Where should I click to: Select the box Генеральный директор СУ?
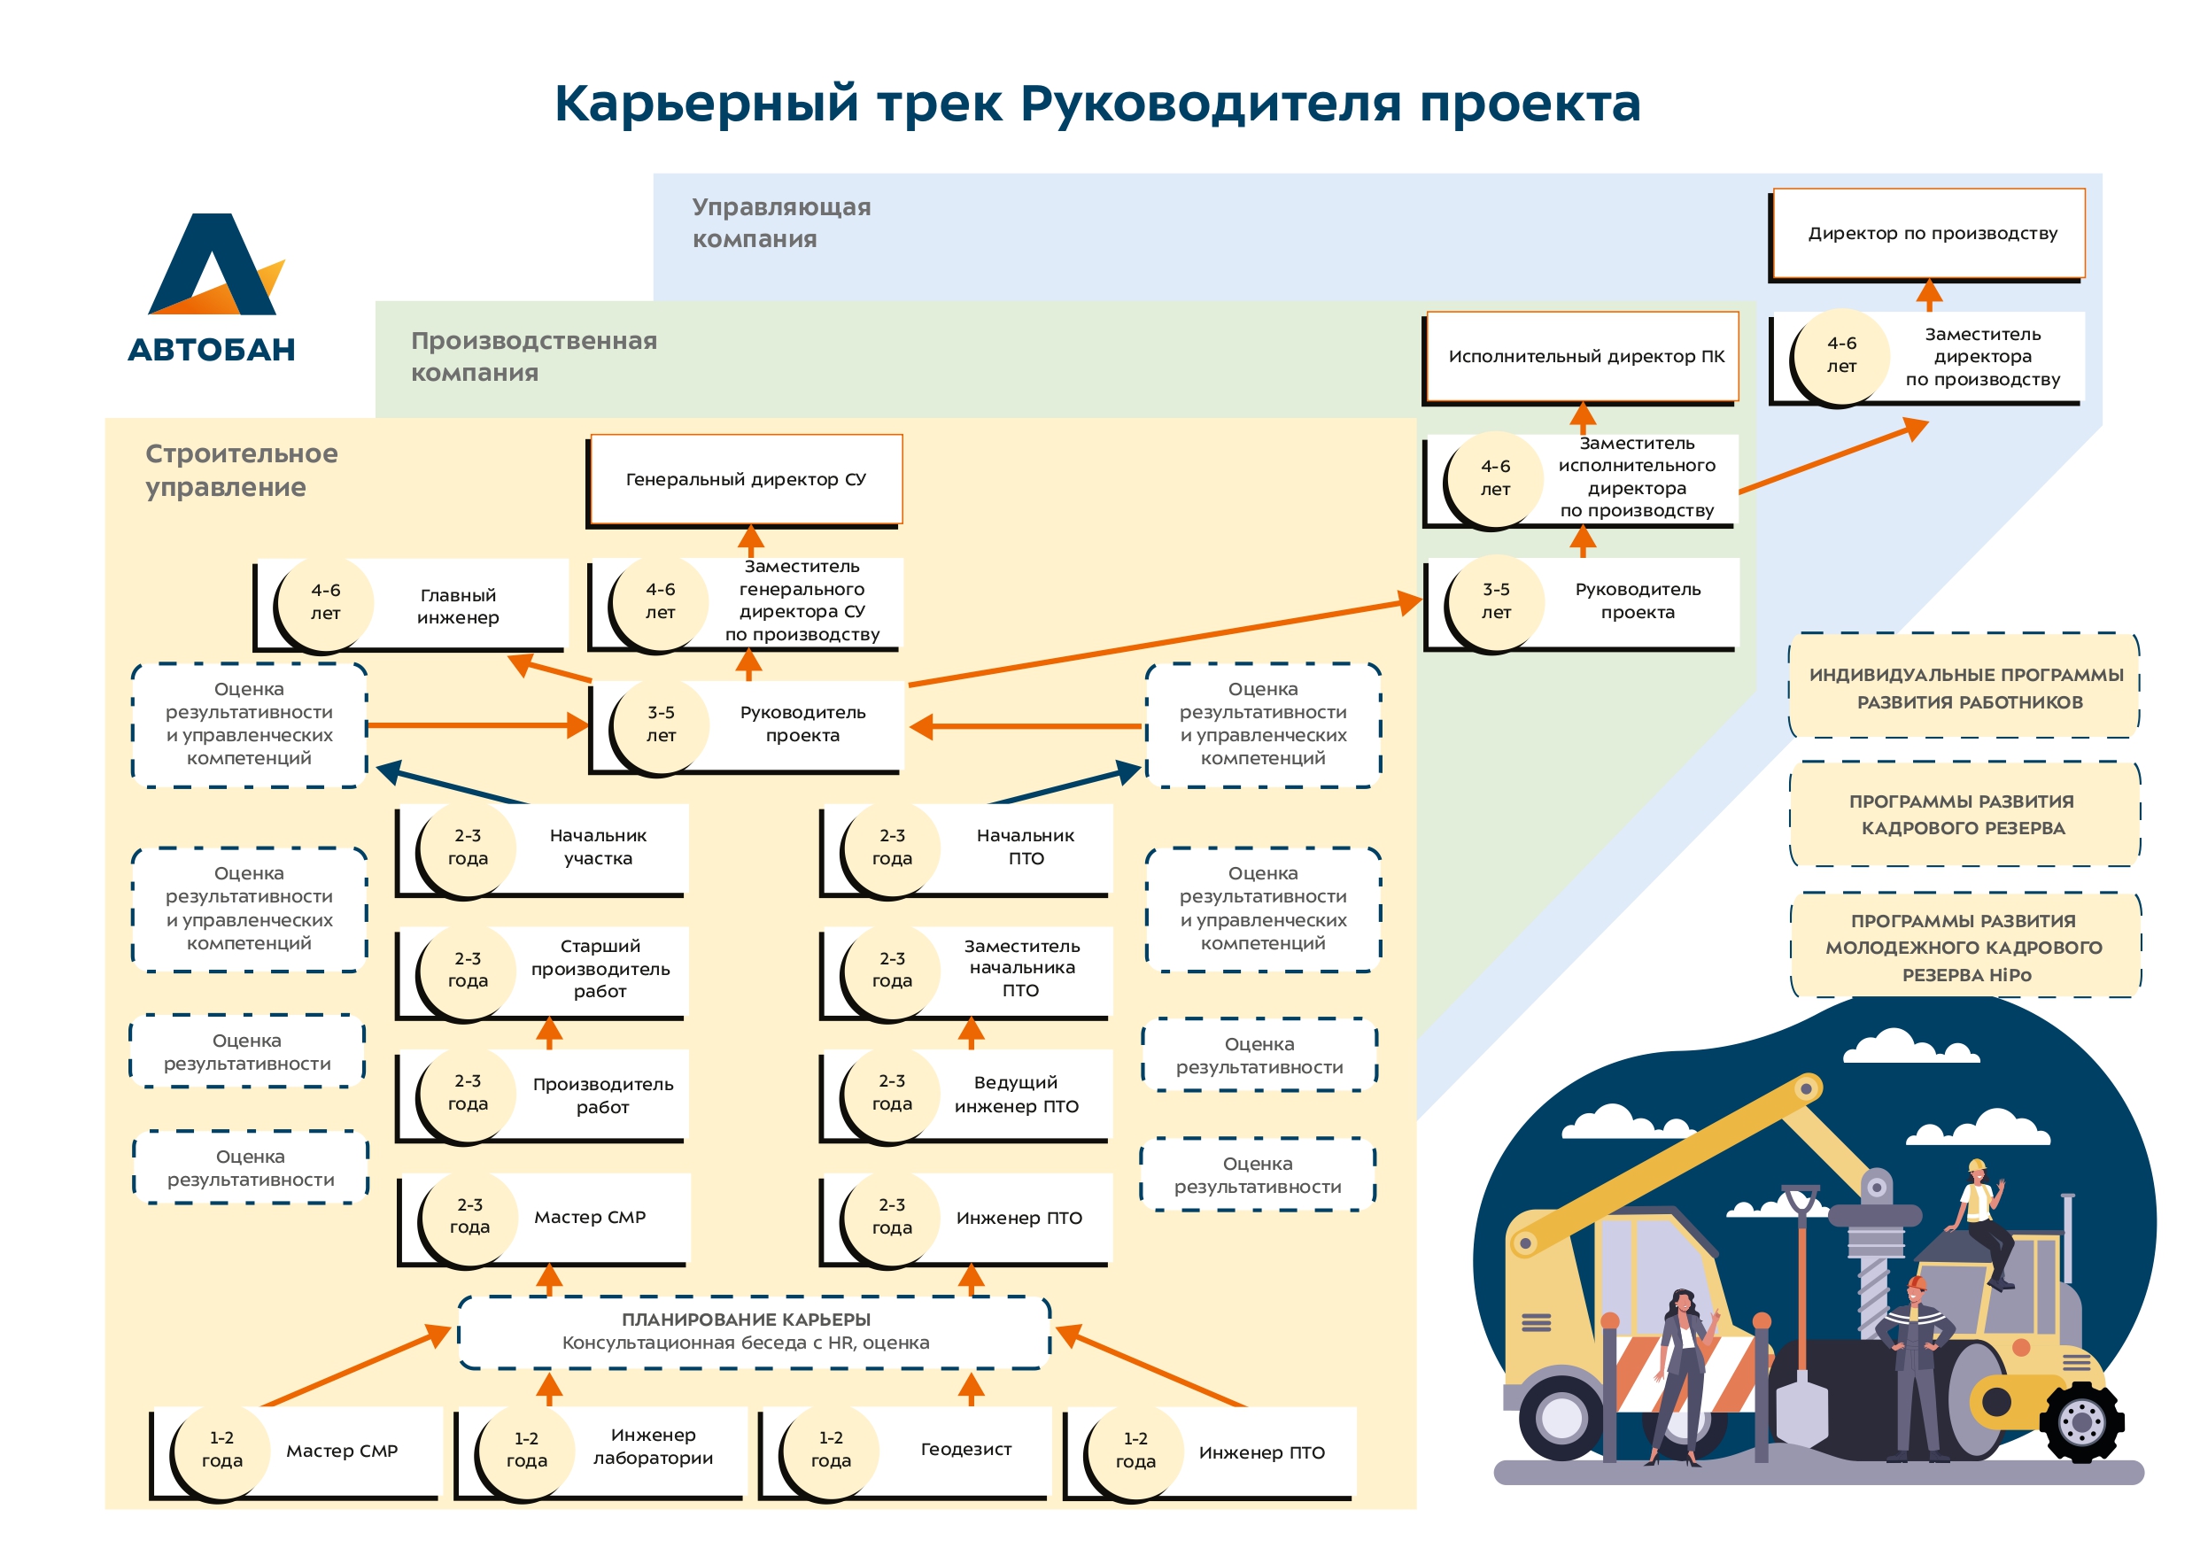(746, 479)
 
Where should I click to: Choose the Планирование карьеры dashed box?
(754, 1332)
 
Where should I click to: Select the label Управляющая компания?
(781, 222)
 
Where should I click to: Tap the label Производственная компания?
(534, 356)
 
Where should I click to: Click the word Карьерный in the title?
(706, 104)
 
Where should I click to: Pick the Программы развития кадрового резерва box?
(1964, 815)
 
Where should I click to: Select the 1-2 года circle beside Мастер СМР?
(221, 1451)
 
